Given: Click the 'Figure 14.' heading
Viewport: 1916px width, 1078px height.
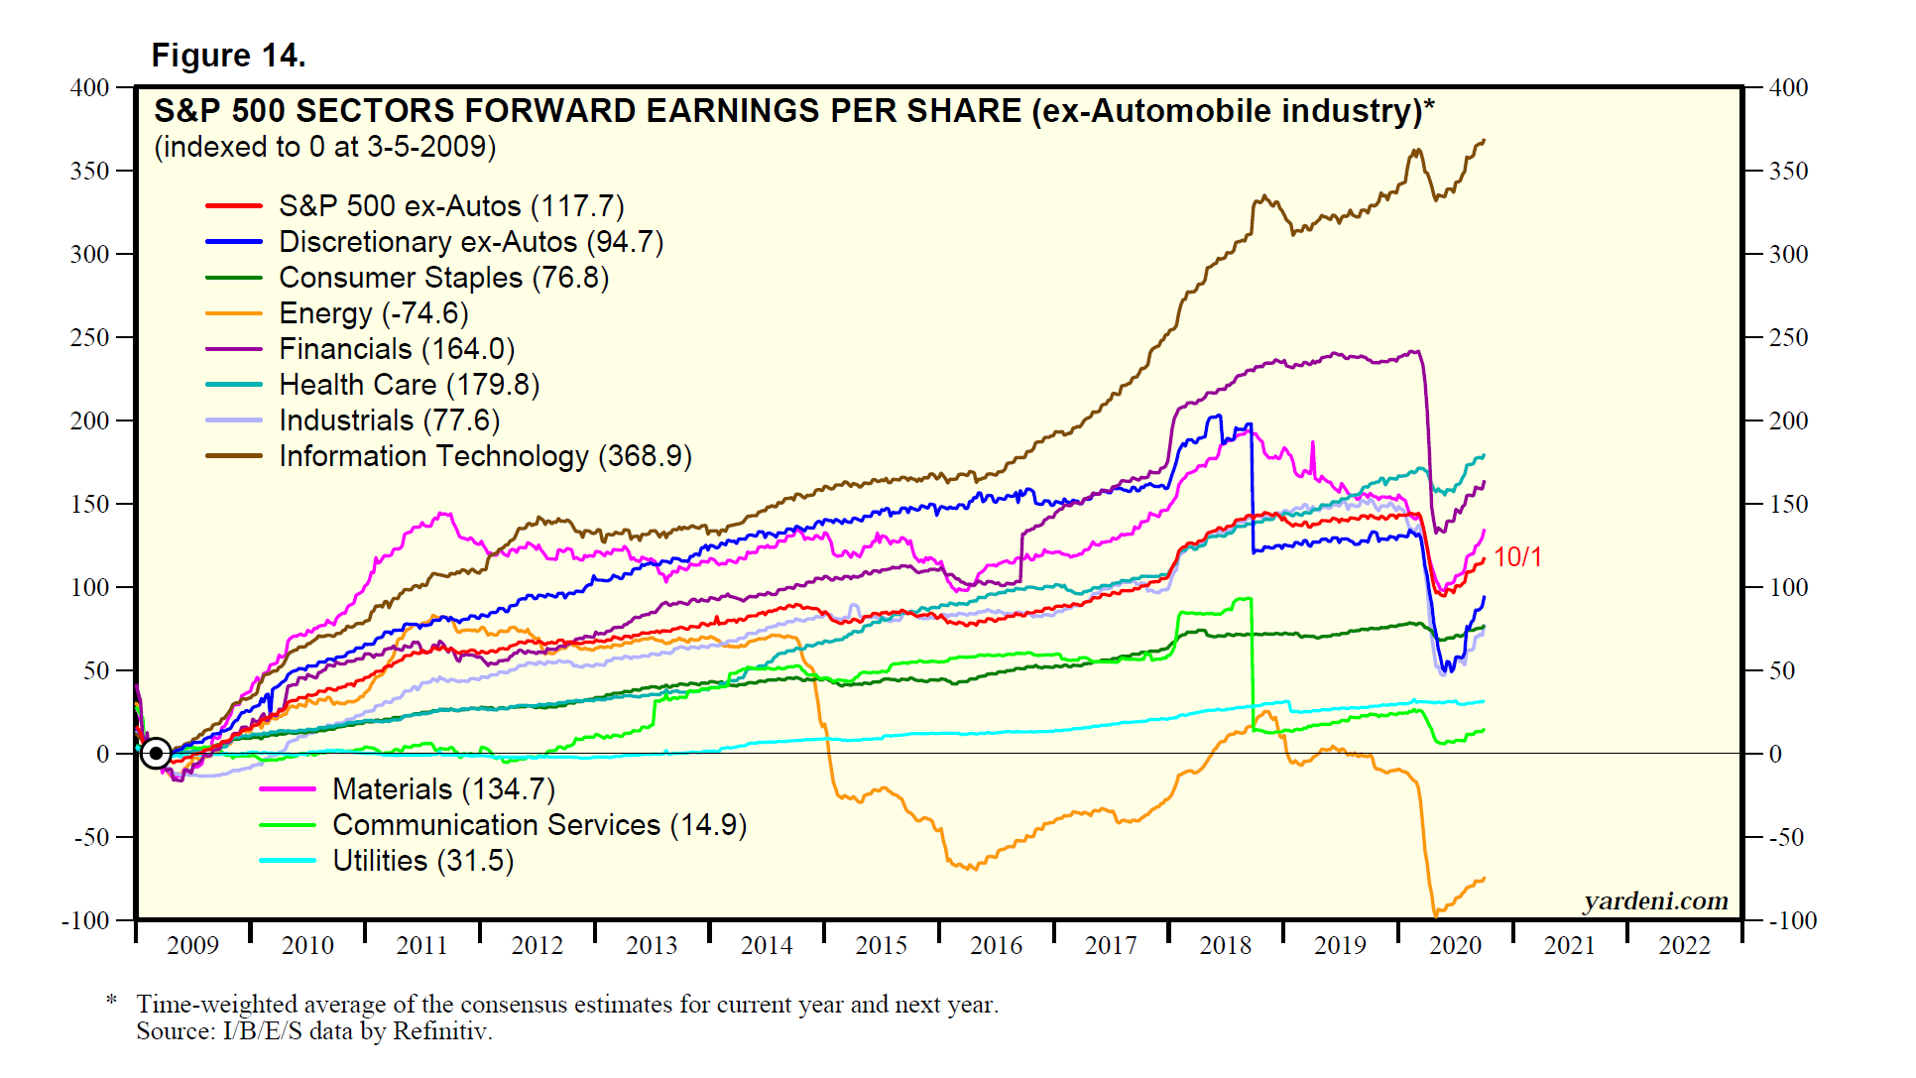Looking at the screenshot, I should click(x=228, y=56).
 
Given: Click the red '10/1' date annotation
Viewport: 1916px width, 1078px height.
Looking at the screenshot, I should click(x=1517, y=557).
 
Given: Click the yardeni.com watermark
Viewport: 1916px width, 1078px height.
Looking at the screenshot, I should click(x=1655, y=900).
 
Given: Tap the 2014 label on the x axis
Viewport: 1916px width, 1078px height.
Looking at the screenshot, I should click(x=767, y=945).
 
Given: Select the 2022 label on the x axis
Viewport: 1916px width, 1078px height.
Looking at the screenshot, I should click(x=1684, y=945).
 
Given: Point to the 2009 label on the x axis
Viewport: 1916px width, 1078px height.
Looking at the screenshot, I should click(x=192, y=945).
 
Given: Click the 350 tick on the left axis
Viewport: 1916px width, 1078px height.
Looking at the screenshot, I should click(x=89, y=171).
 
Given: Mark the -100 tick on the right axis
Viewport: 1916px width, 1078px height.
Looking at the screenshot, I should click(x=1793, y=920).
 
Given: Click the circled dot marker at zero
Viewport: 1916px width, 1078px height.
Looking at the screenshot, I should click(x=156, y=754).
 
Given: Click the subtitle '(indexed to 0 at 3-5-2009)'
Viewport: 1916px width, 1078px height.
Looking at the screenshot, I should click(x=324, y=147).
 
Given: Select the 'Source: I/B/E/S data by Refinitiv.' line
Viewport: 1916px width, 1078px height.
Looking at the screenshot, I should click(x=314, y=1031).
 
